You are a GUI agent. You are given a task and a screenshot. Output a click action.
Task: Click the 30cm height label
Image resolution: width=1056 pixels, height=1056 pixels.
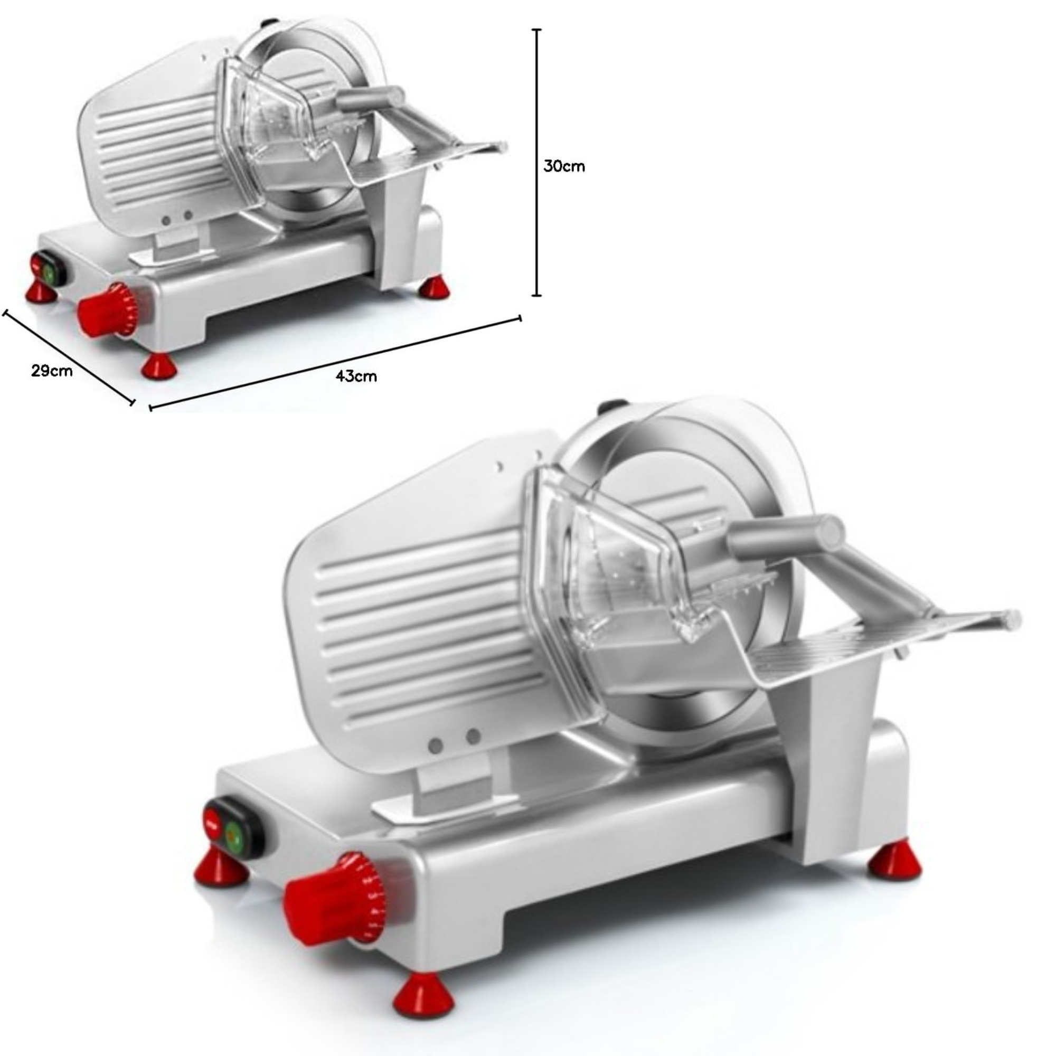click(564, 166)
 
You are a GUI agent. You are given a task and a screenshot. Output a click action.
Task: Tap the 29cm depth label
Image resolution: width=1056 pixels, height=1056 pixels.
click(51, 371)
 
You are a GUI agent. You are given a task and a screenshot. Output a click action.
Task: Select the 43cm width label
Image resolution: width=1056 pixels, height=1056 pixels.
click(356, 376)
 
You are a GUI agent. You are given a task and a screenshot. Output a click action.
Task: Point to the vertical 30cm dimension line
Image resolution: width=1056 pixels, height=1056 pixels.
click(538, 162)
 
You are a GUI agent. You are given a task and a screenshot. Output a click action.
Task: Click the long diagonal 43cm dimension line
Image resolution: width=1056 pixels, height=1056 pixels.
click(335, 362)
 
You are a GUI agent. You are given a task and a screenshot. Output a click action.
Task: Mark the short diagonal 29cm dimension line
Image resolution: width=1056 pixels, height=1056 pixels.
click(69, 357)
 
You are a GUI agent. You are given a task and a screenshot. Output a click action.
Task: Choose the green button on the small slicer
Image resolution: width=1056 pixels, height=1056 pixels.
click(51, 274)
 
